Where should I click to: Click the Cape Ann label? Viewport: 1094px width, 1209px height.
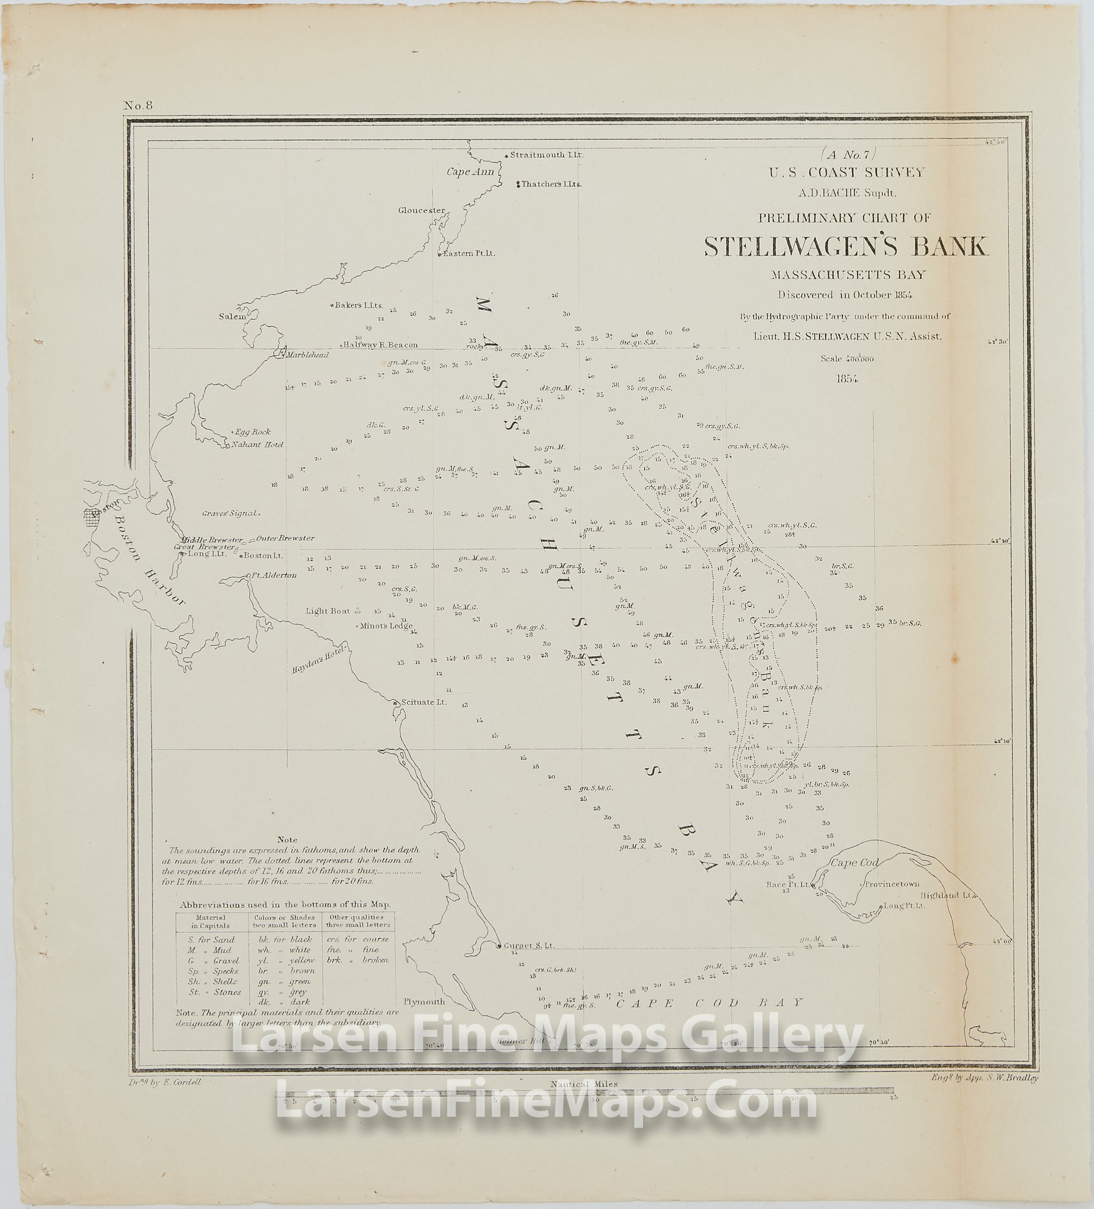click(470, 172)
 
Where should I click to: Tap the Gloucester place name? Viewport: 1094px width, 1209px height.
click(422, 211)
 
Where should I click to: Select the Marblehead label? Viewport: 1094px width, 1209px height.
click(307, 355)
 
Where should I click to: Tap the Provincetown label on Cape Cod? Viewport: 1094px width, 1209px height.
click(892, 884)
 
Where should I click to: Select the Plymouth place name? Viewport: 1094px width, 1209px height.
click(424, 1002)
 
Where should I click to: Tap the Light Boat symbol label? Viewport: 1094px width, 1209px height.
click(328, 611)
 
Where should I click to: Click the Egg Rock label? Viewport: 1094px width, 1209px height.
click(252, 432)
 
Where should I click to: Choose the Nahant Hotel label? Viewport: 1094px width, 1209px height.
click(258, 445)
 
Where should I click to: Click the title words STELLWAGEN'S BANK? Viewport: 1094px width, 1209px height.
click(846, 246)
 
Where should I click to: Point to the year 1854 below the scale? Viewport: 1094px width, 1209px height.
click(848, 378)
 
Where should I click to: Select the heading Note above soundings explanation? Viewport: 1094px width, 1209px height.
click(287, 840)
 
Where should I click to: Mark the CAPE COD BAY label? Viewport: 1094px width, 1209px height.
click(709, 1002)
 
